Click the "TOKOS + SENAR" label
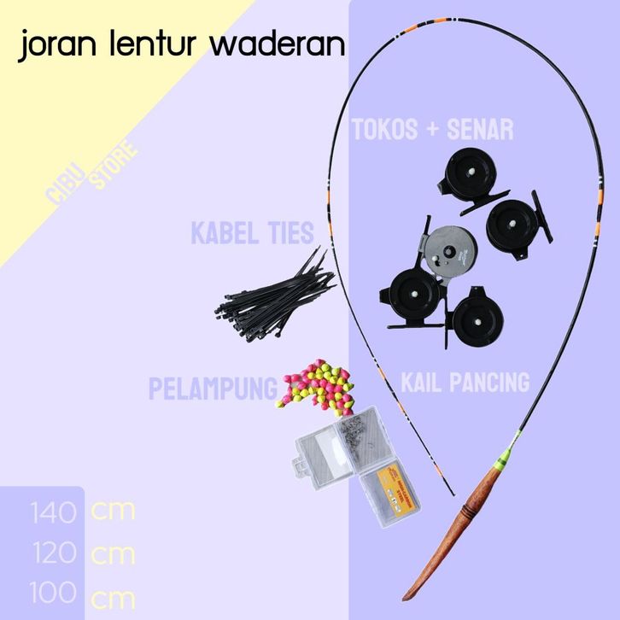pos(433,130)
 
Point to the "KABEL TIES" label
pos(252,233)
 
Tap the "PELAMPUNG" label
pos(213,389)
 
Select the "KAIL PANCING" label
pos(465,382)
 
